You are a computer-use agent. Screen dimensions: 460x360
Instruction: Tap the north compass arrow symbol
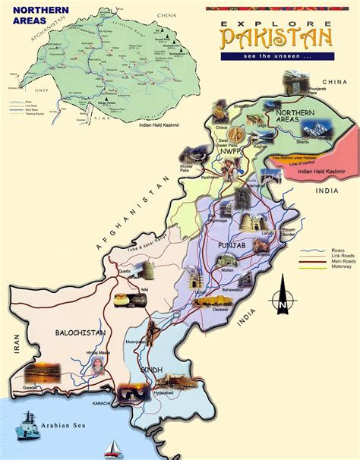point(282,297)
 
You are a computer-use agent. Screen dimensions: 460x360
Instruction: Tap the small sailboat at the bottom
point(113,447)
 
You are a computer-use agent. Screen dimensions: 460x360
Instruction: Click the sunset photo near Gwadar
point(43,372)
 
